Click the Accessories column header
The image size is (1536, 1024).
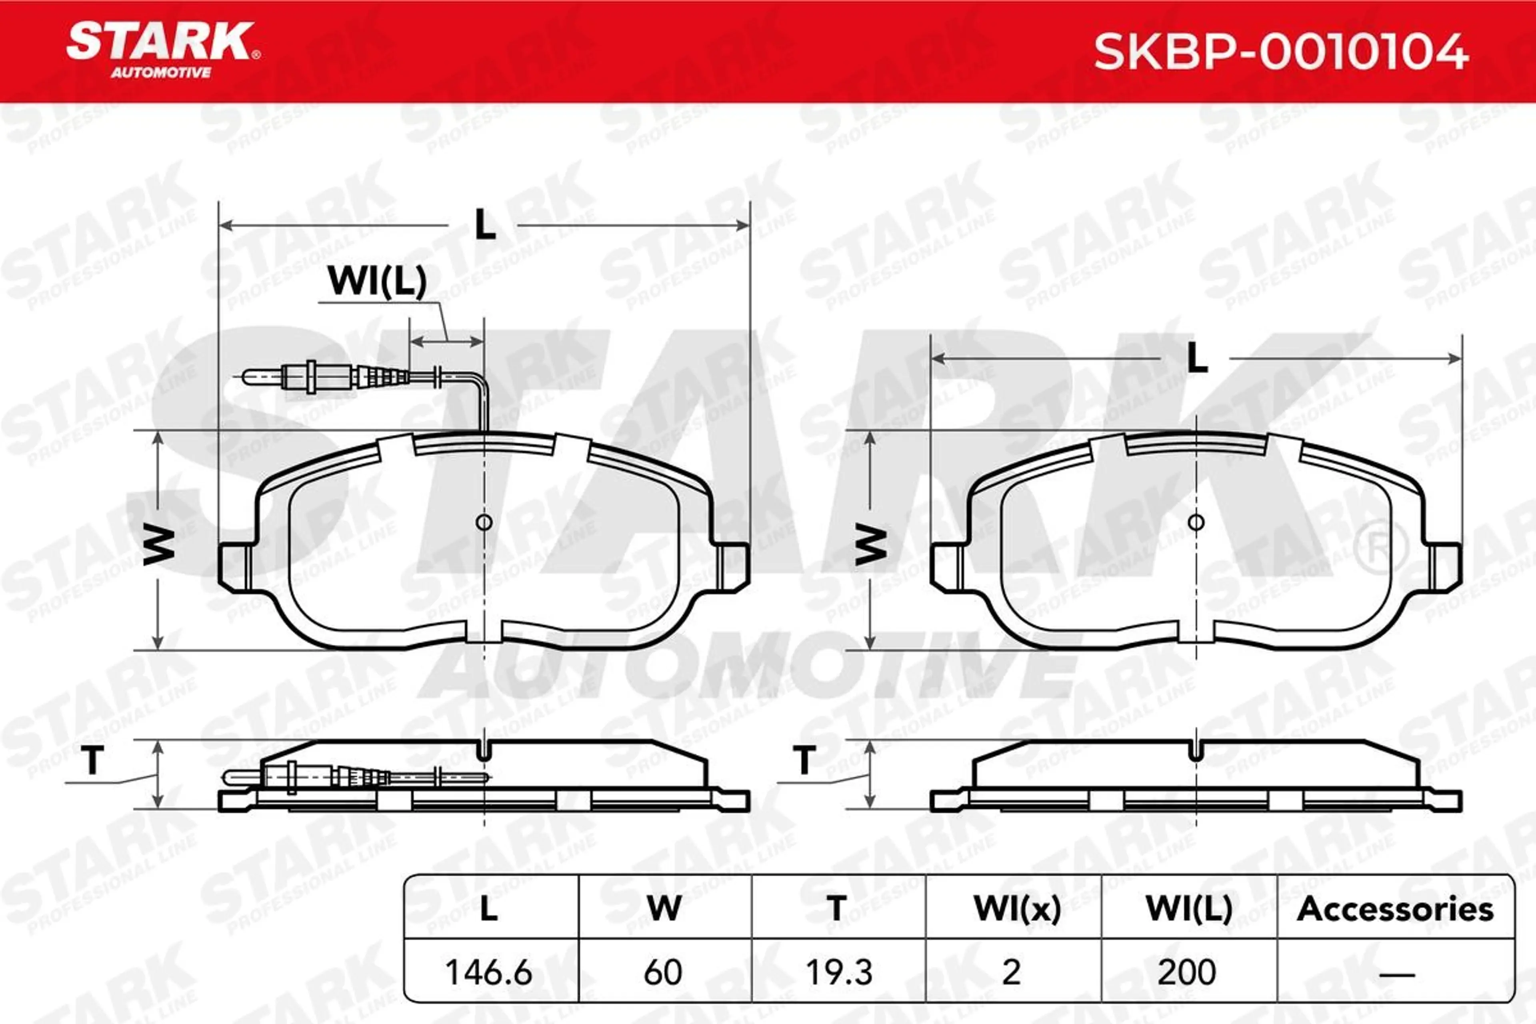pos(1395,909)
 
